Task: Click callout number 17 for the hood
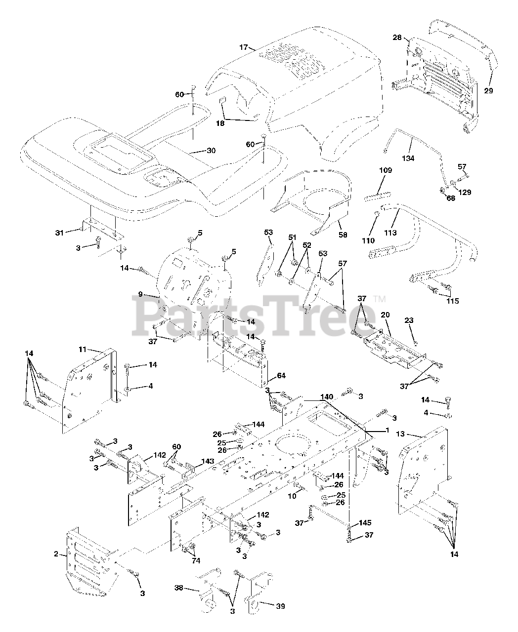tap(243, 47)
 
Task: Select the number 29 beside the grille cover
tap(488, 90)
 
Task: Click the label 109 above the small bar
tap(386, 170)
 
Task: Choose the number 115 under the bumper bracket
tap(452, 301)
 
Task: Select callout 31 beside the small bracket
tap(59, 233)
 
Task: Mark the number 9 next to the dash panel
tap(140, 294)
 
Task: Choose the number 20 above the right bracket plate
tap(386, 315)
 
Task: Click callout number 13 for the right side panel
tap(400, 434)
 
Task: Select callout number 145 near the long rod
tap(365, 522)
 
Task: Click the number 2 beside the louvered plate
tap(56, 553)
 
